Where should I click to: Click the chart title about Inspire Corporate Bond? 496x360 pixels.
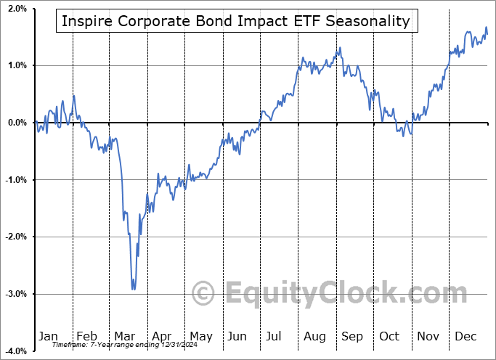click(x=235, y=21)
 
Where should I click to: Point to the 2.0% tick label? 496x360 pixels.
click(x=17, y=9)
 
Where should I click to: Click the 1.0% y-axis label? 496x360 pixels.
click(x=17, y=65)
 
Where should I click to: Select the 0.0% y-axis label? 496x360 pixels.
click(x=17, y=123)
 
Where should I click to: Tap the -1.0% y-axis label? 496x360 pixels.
click(x=15, y=180)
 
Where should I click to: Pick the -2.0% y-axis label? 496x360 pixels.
click(x=15, y=237)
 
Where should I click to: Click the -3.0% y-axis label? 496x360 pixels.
click(x=15, y=294)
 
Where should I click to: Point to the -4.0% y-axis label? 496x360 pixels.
click(x=15, y=351)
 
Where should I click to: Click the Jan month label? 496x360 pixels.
click(x=48, y=336)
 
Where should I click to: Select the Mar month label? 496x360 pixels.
click(x=124, y=336)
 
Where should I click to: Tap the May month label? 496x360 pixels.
click(x=200, y=336)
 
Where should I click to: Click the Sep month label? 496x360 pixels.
click(x=352, y=336)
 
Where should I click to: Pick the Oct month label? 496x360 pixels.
click(x=390, y=336)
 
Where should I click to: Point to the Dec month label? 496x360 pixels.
click(x=466, y=336)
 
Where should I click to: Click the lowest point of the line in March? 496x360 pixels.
click(x=133, y=289)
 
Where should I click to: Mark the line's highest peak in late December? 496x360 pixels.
click(x=486, y=28)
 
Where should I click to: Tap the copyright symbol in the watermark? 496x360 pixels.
click(x=203, y=294)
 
